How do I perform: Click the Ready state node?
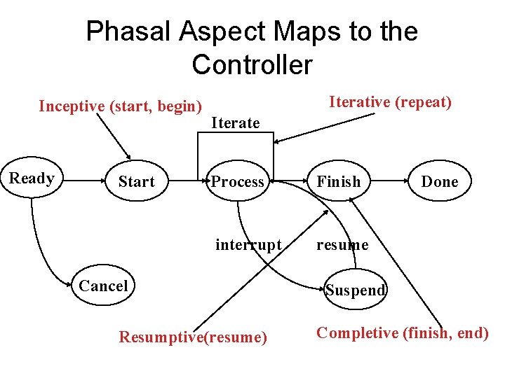(32, 178)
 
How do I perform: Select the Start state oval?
(136, 182)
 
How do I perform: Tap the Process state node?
(237, 182)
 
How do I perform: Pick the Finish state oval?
(339, 182)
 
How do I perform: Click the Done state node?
(440, 182)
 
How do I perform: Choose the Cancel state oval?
(103, 286)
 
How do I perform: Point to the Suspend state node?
(356, 290)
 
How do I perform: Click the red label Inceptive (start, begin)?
(120, 106)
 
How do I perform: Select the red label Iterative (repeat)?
(391, 102)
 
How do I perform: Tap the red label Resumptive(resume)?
(193, 337)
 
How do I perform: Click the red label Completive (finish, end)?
(403, 333)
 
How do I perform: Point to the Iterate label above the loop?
(235, 123)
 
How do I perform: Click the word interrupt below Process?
(248, 245)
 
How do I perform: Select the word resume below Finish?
(342, 245)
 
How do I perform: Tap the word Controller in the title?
(252, 65)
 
